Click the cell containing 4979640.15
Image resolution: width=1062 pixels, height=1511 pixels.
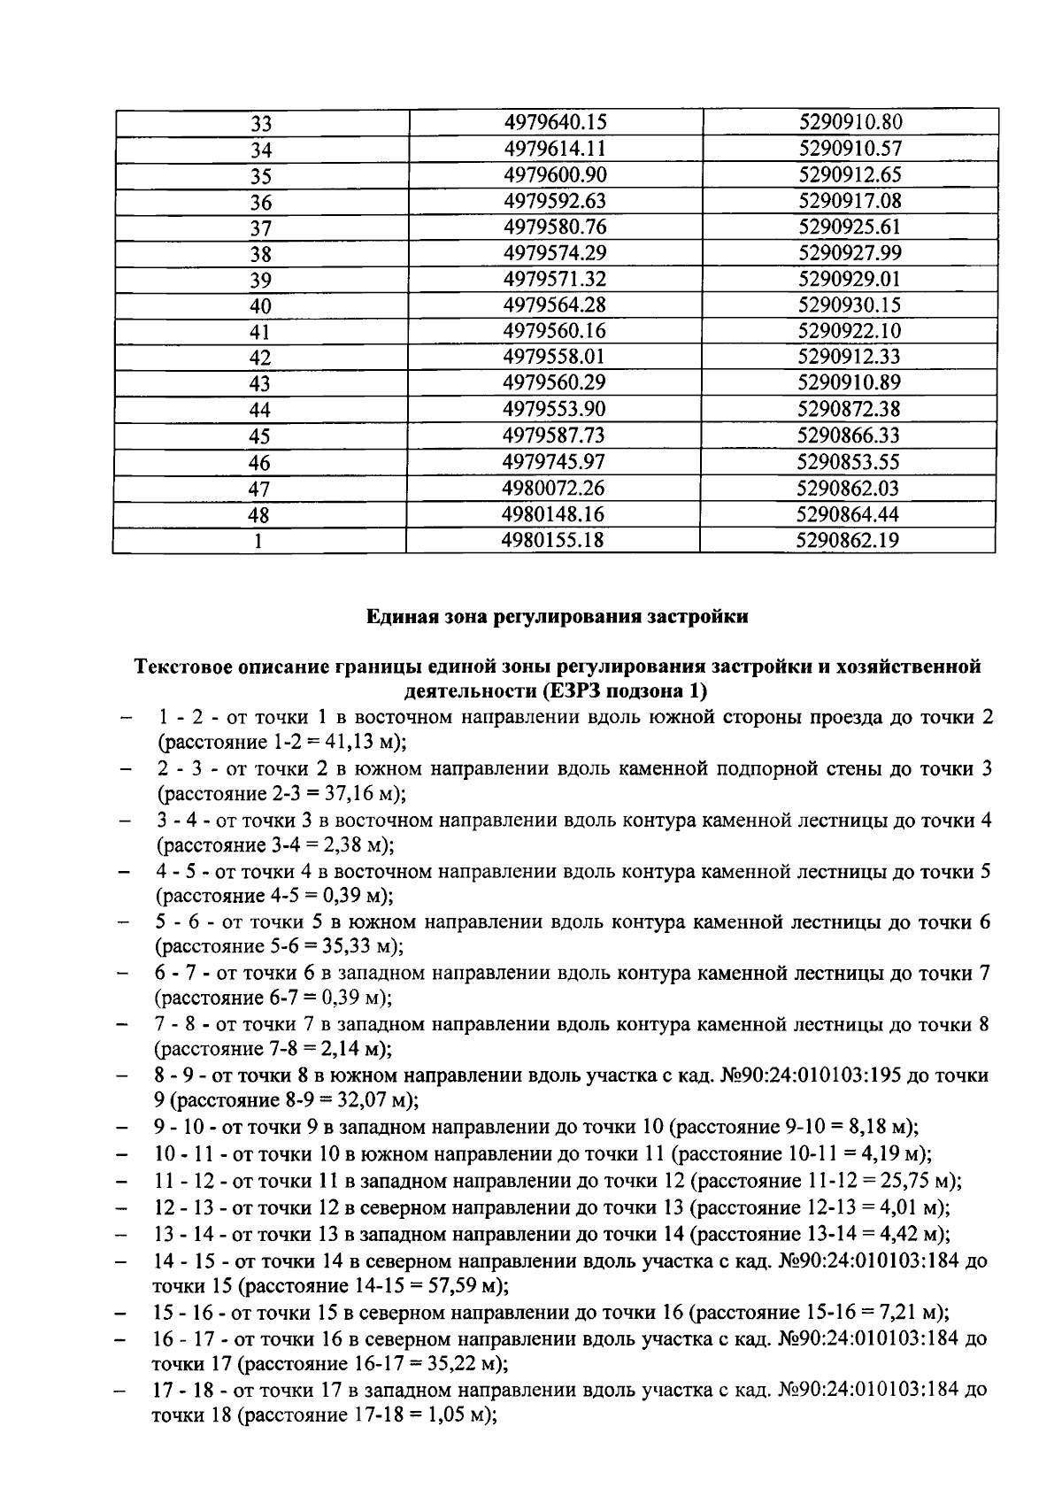pyautogui.click(x=555, y=122)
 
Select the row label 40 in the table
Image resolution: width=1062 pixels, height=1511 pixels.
pyautogui.click(x=260, y=306)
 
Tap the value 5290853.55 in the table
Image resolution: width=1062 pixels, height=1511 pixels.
pyautogui.click(x=848, y=461)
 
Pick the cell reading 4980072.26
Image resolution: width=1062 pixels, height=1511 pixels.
pyautogui.click(x=553, y=488)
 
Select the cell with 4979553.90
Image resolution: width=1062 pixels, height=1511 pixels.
pyautogui.click(x=554, y=409)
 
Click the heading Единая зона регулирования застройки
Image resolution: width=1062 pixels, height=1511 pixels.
pyautogui.click(x=558, y=617)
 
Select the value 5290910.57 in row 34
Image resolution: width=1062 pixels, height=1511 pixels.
pyautogui.click(x=849, y=148)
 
